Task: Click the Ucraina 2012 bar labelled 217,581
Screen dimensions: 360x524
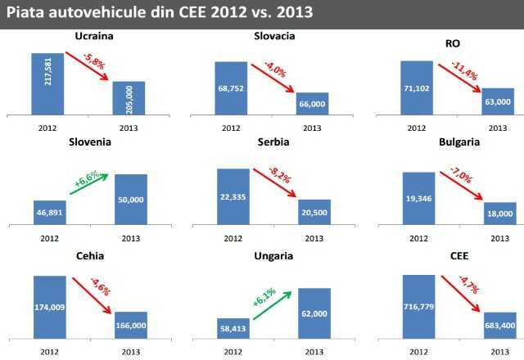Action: (x=48, y=84)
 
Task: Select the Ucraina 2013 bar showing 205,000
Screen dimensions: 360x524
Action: (x=129, y=98)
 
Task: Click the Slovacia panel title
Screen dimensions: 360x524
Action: (x=274, y=37)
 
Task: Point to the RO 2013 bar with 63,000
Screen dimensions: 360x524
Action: (x=498, y=101)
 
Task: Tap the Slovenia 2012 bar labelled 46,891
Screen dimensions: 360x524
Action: (x=48, y=211)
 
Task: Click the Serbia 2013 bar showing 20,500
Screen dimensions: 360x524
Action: (x=314, y=211)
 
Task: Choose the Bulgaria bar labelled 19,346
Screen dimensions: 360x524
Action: (x=418, y=197)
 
